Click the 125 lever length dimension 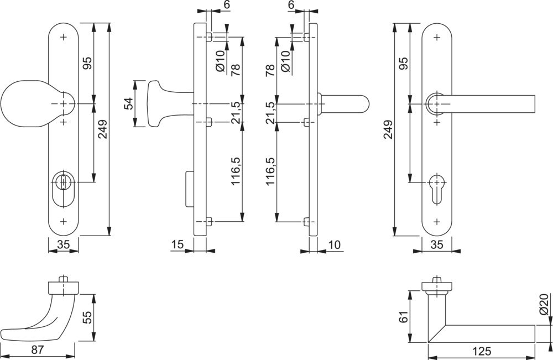click(482, 351)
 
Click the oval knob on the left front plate click(25, 104)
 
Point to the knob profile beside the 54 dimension click(160, 104)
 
